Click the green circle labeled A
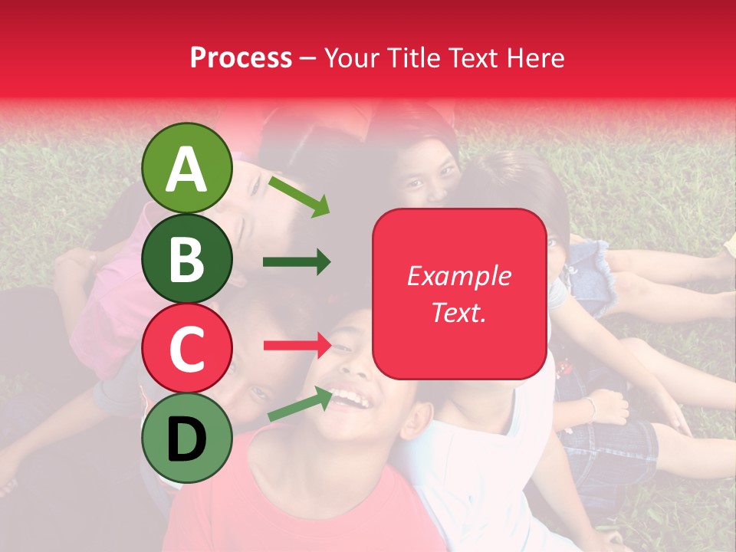click(186, 168)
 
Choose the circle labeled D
click(186, 437)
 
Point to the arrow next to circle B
click(297, 262)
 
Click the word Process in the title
click(241, 58)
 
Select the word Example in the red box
click(458, 276)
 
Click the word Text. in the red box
click(458, 312)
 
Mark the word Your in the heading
click(349, 58)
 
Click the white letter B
click(186, 259)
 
